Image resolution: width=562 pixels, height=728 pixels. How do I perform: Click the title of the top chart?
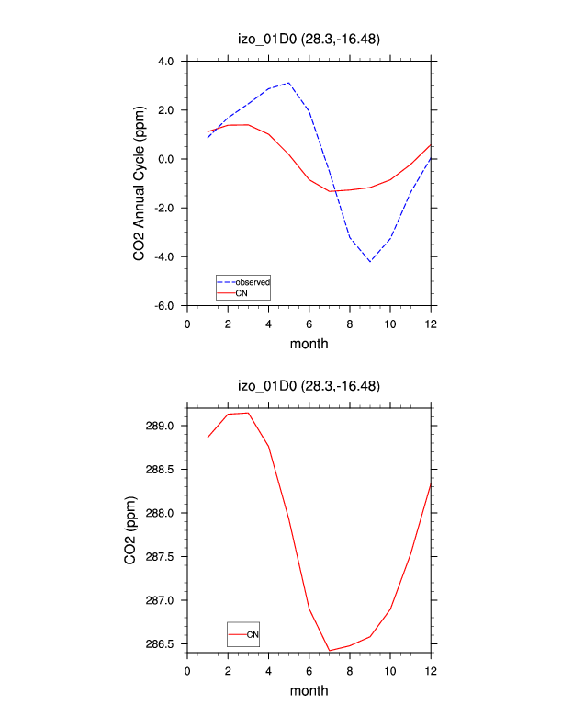309,39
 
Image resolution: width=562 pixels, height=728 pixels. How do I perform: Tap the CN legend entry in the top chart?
242,293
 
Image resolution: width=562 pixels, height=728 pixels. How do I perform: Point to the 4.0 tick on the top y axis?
165,62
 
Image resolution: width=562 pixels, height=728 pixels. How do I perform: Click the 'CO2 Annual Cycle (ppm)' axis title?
140,183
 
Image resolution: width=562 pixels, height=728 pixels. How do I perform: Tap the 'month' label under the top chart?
309,344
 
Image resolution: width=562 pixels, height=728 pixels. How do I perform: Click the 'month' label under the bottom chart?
309,689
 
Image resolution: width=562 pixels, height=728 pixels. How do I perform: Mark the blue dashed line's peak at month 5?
289,83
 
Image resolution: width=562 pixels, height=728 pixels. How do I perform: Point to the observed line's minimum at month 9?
370,262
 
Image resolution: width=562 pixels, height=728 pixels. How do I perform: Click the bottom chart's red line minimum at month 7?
330,651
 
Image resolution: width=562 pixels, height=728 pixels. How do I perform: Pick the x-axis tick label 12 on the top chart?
431,324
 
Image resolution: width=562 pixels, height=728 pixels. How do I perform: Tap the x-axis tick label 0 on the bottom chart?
187,669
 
